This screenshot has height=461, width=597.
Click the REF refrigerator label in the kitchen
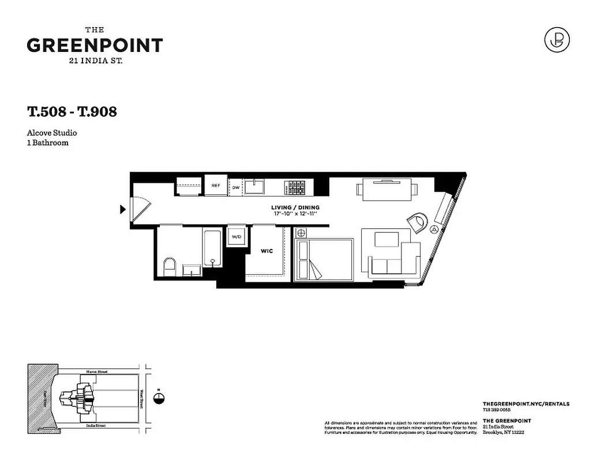point(216,186)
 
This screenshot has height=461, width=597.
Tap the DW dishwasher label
point(236,188)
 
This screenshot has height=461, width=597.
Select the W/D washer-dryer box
point(236,236)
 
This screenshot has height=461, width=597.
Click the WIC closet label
point(266,252)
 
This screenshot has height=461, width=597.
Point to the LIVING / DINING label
point(295,207)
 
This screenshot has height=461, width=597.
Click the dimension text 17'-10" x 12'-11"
point(295,214)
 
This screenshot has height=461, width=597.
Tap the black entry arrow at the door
point(122,209)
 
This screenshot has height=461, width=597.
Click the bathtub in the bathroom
point(212,248)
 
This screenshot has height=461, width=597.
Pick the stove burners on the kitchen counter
point(296,186)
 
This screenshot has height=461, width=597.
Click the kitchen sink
point(254,186)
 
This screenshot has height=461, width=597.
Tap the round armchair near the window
point(418,221)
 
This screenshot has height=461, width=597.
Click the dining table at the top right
point(387,188)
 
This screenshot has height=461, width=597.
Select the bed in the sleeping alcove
point(324,260)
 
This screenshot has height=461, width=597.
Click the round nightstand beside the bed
point(300,233)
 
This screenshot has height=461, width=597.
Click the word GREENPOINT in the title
point(95,45)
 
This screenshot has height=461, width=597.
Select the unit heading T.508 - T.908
point(72,111)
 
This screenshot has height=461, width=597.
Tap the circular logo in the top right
point(557,40)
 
